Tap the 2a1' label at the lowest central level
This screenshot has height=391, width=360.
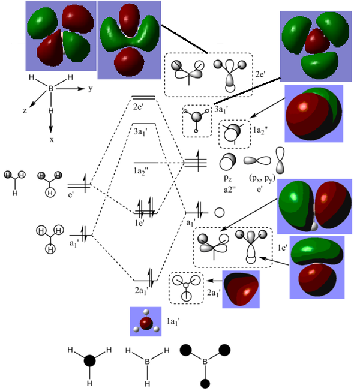click(x=142, y=291)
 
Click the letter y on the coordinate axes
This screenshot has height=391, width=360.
click(x=89, y=88)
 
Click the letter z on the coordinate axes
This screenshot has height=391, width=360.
click(x=26, y=111)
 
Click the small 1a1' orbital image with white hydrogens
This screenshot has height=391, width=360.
click(x=146, y=321)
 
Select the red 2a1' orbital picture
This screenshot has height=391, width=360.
click(x=241, y=290)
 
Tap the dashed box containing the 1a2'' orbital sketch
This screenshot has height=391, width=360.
click(x=235, y=134)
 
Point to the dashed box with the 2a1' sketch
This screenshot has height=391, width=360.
click(x=186, y=287)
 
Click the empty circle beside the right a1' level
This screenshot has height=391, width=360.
click(x=220, y=212)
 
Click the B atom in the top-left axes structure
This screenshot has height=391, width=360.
click(x=51, y=88)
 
